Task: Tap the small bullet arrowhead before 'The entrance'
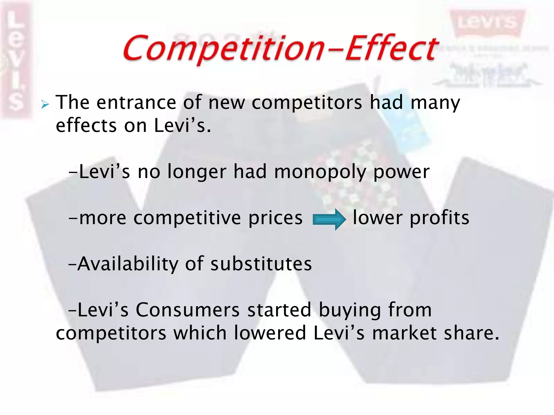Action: [45, 104]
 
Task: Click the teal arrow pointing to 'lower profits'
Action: [329, 219]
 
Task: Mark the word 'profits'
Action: [440, 218]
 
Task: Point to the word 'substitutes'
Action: [261, 264]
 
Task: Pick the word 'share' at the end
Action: [468, 333]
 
